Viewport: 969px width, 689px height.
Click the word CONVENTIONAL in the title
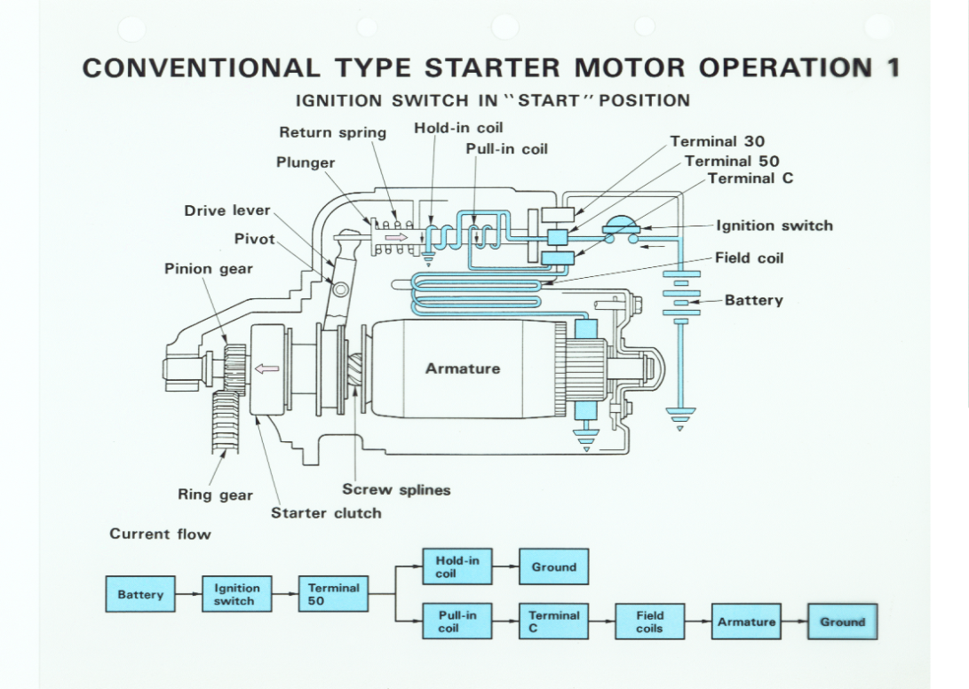[201, 68]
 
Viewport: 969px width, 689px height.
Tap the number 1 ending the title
[892, 68]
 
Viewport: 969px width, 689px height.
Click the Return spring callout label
[332, 132]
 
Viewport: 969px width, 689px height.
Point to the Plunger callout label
[306, 162]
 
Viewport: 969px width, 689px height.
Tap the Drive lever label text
[226, 210]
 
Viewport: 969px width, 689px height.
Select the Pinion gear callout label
[208, 268]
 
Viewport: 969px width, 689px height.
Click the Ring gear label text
[215, 495]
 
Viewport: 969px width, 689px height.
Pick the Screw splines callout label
[396, 489]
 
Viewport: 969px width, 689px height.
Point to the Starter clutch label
[326, 512]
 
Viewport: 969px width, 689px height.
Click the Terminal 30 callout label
[717, 141]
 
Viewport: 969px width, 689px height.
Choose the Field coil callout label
[749, 257]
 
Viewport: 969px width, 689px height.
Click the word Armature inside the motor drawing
[462, 368]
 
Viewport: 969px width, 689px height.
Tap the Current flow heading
[160, 534]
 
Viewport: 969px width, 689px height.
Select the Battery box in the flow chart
[140, 595]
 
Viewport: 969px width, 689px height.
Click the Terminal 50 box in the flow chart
[333, 595]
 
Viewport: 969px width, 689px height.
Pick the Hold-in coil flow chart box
[457, 566]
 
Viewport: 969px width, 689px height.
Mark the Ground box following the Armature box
[842, 622]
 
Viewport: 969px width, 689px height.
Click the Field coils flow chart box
[649, 622]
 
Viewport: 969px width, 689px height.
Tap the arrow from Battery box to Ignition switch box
[189, 595]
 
